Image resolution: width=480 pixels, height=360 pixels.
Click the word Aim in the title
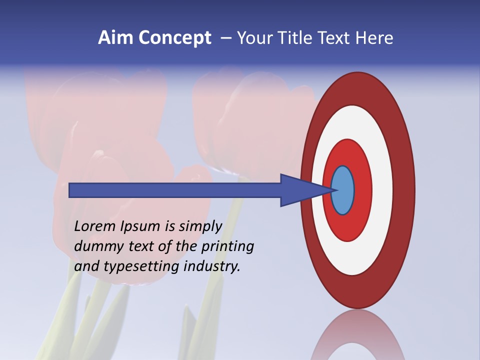[x=115, y=38]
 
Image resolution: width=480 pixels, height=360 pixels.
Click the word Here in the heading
[x=374, y=38]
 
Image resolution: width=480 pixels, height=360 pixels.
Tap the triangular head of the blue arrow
[x=300, y=190]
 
